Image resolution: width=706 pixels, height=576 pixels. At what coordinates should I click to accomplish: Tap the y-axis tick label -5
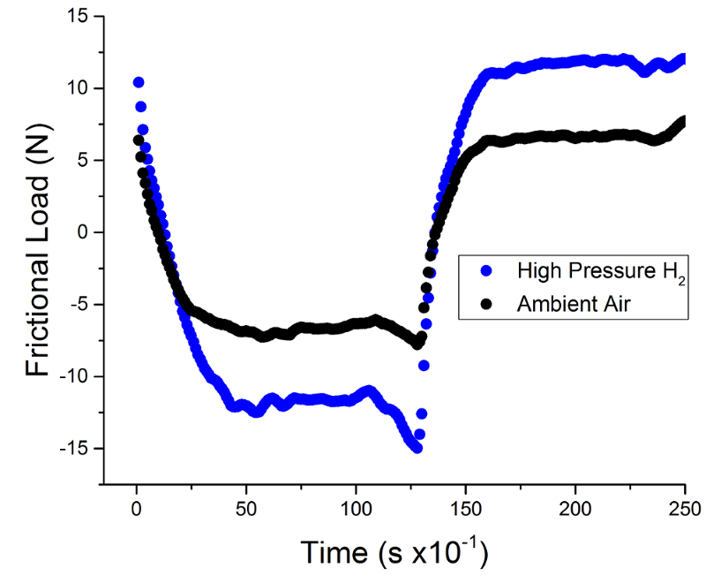(x=78, y=305)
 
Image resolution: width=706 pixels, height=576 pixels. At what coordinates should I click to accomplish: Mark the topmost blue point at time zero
(x=139, y=82)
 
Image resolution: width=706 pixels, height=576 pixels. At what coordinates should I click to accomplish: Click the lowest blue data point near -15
(x=417, y=448)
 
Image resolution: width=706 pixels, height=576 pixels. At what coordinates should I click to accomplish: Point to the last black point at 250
(x=681, y=122)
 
